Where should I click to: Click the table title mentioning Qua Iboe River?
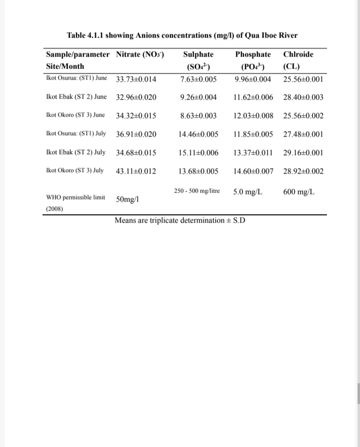point(182,35)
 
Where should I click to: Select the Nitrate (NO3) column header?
point(140,54)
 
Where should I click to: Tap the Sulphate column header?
point(198,54)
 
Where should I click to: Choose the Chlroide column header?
point(298,54)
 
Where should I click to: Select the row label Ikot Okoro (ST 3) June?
point(75,115)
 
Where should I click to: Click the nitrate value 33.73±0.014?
point(136,79)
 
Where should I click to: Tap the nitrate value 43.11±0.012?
point(136,171)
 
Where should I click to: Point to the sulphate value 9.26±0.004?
point(198,97)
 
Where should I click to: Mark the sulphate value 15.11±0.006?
point(198,152)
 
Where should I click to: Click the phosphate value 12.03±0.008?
point(253,116)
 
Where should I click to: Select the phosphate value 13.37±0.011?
point(253,152)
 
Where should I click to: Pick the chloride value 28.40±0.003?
point(303,97)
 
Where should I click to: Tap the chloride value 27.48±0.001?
point(303,134)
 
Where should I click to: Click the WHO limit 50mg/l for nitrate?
point(127,199)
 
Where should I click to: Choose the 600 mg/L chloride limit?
point(298,192)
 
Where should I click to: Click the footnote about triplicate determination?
point(180,220)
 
